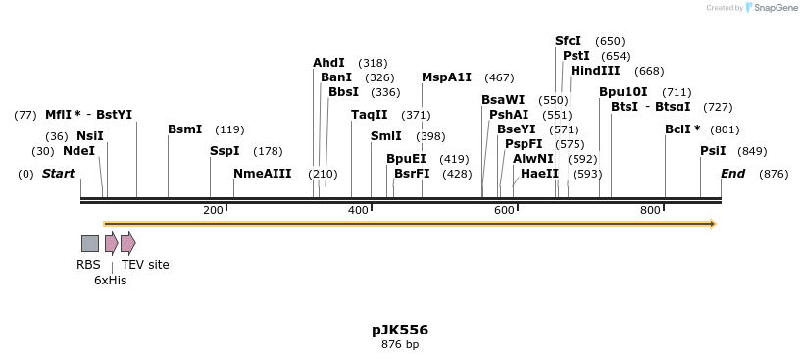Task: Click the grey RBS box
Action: [89, 243]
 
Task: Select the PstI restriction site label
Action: [576, 56]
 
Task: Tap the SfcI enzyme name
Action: [568, 41]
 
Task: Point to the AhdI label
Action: [328, 63]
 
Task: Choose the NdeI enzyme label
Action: [78, 151]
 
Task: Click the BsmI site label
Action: [184, 129]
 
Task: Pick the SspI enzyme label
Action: [225, 151]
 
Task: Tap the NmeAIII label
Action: [262, 174]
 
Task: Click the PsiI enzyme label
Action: [713, 151]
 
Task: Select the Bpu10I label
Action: [623, 92]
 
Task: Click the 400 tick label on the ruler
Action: [358, 211]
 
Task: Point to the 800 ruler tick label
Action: [650, 211]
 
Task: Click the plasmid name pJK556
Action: [399, 330]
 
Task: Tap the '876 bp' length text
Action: [399, 344]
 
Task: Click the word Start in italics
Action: [58, 174]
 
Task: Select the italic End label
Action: [732, 174]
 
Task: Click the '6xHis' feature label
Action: [110, 281]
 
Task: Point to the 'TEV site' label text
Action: [145, 265]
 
